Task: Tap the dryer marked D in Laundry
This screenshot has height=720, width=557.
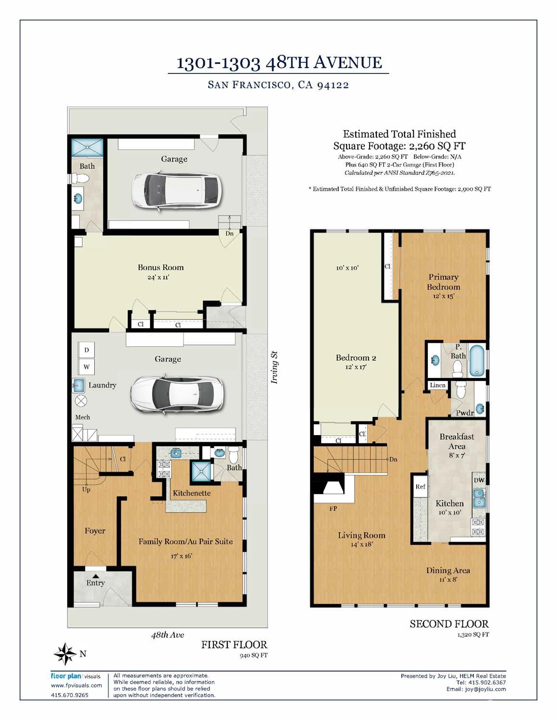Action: (x=87, y=350)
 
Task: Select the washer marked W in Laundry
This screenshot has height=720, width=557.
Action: (x=87, y=367)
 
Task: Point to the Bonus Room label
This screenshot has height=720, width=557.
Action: (x=161, y=268)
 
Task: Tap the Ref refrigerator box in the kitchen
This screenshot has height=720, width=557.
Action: (x=421, y=487)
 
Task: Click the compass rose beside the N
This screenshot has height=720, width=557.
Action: (x=65, y=654)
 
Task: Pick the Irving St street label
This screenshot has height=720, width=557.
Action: (x=275, y=367)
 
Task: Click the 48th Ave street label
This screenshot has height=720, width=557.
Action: (x=167, y=635)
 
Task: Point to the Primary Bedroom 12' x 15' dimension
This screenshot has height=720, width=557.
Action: (x=443, y=296)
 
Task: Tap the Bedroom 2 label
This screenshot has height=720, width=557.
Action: (x=356, y=358)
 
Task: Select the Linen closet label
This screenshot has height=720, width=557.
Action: (x=438, y=385)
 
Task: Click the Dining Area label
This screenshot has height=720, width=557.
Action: (x=448, y=571)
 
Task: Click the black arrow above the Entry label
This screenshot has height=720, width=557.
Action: (x=95, y=576)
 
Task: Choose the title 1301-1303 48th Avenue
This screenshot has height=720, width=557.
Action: (x=279, y=63)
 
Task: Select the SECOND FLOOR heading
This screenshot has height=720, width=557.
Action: (x=449, y=624)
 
